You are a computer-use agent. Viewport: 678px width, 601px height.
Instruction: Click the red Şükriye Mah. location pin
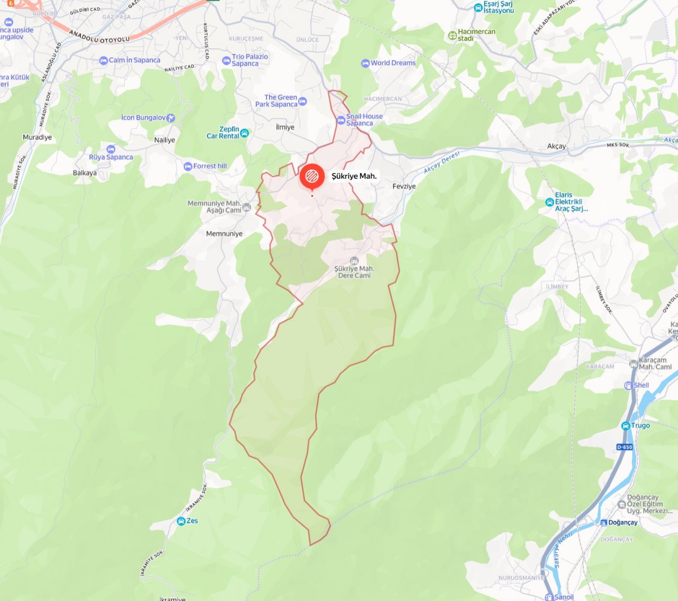click(312, 177)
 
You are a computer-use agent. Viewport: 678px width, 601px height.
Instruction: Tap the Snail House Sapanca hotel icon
click(341, 120)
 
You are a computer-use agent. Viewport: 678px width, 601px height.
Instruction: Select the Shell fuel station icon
click(629, 386)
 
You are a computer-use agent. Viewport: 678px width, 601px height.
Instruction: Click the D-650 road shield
click(625, 447)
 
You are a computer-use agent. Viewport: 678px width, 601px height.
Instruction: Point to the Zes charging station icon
click(181, 521)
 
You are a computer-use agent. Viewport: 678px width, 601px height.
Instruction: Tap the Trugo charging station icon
click(626, 426)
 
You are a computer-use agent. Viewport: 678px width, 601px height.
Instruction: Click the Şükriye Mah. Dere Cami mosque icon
click(354, 260)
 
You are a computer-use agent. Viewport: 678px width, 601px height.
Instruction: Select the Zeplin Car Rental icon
click(244, 133)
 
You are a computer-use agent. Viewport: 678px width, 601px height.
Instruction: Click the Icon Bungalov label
click(143, 117)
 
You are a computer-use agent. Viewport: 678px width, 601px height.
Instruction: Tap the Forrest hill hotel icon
click(188, 167)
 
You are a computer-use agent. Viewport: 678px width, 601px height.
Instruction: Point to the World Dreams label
click(393, 63)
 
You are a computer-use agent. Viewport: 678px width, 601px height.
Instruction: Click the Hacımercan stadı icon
click(452, 35)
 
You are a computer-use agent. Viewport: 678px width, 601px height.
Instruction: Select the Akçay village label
click(556, 146)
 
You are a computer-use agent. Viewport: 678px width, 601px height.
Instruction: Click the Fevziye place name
click(404, 186)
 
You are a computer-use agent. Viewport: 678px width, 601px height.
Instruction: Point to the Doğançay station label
click(623, 523)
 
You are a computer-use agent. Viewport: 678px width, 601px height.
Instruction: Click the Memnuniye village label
click(224, 234)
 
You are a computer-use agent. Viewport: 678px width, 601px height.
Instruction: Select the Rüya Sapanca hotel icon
click(111, 150)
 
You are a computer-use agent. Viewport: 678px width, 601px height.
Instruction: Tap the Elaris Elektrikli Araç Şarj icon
click(549, 202)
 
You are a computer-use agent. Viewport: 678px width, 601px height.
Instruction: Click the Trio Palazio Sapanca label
click(249, 60)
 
